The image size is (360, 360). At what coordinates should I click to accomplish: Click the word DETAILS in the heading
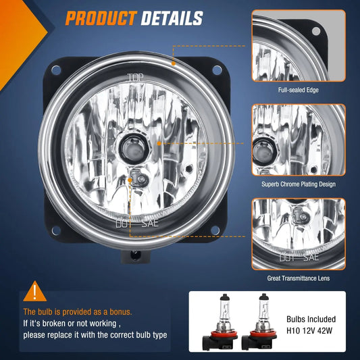click(172, 18)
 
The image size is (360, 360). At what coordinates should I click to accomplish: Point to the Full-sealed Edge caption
click(298, 90)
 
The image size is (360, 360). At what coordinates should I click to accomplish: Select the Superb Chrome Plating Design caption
click(298, 184)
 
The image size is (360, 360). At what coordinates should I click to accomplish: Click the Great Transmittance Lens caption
click(298, 278)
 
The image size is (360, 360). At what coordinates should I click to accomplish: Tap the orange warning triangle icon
click(34, 292)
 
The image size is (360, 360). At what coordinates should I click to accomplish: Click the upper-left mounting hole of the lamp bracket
click(53, 69)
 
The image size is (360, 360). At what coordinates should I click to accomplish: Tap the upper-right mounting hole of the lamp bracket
click(216, 69)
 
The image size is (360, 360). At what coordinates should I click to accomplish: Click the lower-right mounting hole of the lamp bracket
click(216, 230)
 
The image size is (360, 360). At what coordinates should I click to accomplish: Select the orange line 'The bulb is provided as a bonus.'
click(78, 312)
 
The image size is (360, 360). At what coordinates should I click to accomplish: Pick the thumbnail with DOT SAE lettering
click(298, 233)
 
